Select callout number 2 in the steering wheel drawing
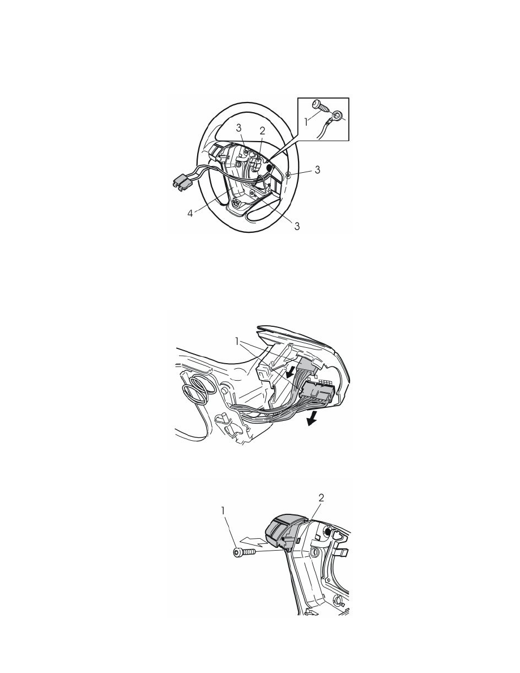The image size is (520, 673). (x=263, y=131)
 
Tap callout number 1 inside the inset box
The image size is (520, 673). (x=306, y=122)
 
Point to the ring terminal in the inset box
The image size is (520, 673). (x=338, y=114)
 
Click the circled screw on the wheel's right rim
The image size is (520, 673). (x=288, y=174)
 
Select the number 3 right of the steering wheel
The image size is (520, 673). (x=317, y=170)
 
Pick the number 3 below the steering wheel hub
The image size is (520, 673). (x=297, y=226)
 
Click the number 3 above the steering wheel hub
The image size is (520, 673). (x=238, y=128)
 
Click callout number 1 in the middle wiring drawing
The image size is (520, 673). (x=237, y=341)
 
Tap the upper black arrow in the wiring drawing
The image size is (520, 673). (x=291, y=372)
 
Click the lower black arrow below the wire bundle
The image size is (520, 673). (x=312, y=418)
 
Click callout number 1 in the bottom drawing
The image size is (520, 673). (x=223, y=511)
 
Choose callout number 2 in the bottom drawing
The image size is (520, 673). (x=321, y=498)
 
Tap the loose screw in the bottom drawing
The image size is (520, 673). (x=243, y=553)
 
